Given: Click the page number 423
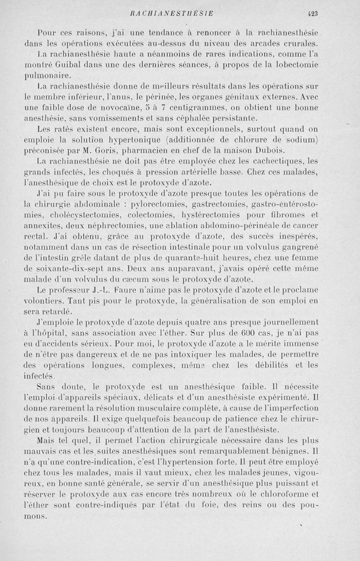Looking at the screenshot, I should click(313, 14).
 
